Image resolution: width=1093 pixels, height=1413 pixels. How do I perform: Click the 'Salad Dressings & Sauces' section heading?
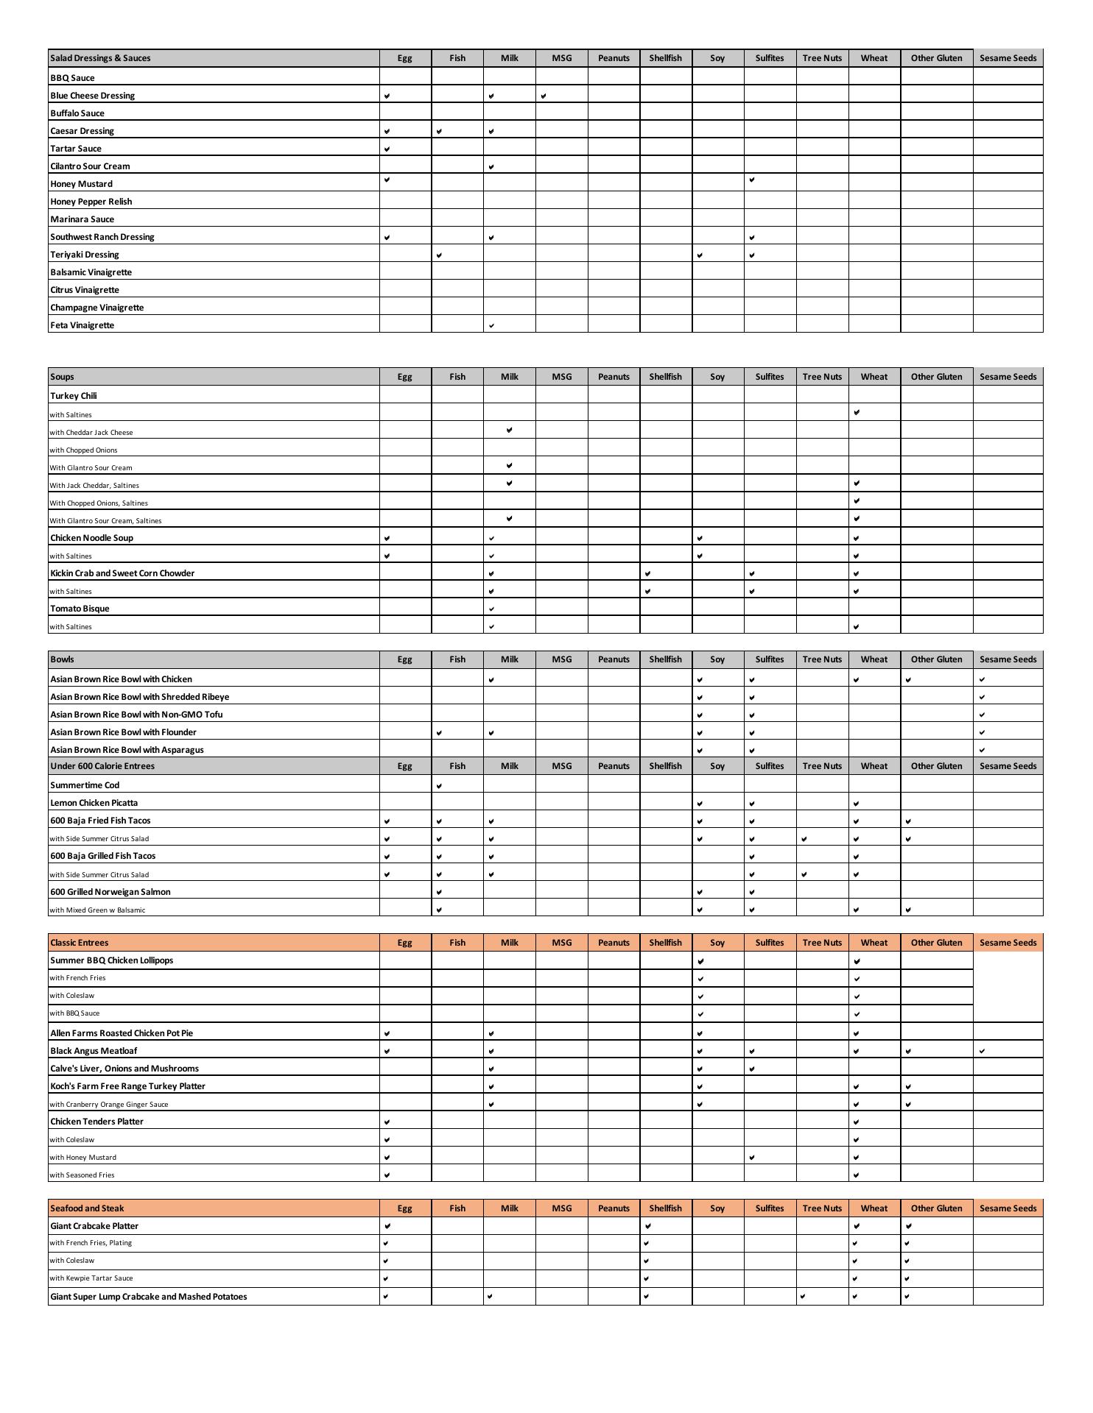pyautogui.click(x=100, y=58)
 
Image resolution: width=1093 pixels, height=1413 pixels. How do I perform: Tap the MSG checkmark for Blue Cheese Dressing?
pyautogui.click(x=544, y=96)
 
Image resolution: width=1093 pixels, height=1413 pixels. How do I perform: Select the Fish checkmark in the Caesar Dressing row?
pyautogui.click(x=440, y=131)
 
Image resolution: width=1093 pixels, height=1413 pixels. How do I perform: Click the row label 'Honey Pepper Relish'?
pyautogui.click(x=91, y=202)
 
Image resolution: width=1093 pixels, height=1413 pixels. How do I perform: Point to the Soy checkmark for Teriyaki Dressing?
pyautogui.click(x=700, y=255)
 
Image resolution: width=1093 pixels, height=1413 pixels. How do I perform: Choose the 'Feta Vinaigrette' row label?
pyautogui.click(x=82, y=325)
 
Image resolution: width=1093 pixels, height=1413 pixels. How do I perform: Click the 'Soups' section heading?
pyautogui.click(x=63, y=377)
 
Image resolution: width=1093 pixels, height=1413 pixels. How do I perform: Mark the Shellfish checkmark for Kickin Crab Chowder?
pyautogui.click(x=648, y=573)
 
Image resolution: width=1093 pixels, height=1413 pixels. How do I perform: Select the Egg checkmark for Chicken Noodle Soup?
pyautogui.click(x=387, y=538)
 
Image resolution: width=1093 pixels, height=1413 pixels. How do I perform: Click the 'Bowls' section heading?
pyautogui.click(x=63, y=659)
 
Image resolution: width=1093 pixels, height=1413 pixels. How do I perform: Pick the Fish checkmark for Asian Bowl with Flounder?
pyautogui.click(x=440, y=732)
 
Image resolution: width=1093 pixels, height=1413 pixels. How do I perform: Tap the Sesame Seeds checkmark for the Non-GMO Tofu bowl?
pyautogui.click(x=983, y=715)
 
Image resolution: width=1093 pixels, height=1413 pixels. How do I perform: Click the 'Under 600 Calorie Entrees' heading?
pyautogui.click(x=102, y=766)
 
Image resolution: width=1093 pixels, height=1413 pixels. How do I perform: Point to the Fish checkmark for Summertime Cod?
pyautogui.click(x=440, y=786)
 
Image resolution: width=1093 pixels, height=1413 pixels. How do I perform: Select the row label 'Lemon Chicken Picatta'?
pyautogui.click(x=94, y=803)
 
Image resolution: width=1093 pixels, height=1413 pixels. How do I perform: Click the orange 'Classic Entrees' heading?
pyautogui.click(x=79, y=943)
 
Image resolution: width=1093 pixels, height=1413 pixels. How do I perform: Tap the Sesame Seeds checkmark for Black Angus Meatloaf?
pyautogui.click(x=983, y=1051)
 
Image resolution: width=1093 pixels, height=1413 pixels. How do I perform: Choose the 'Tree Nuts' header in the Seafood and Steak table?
pyautogui.click(x=822, y=1208)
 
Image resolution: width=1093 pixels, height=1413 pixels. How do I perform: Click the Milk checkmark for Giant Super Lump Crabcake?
pyautogui.click(x=491, y=1297)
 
